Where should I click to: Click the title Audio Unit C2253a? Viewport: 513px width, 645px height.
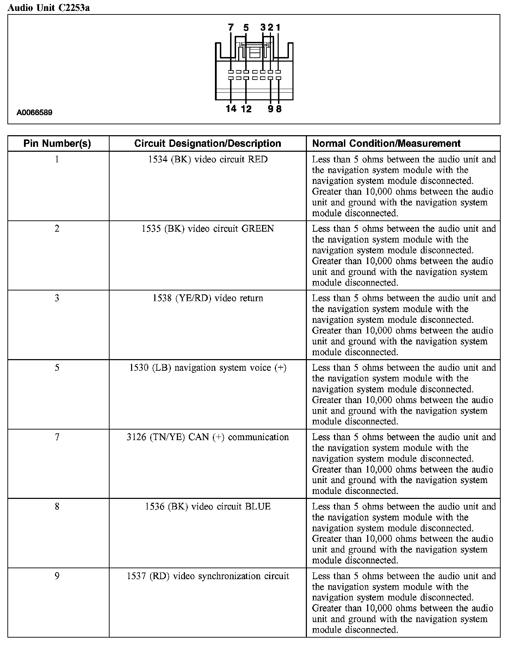point(49,8)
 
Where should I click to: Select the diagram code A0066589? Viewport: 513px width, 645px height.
point(35,113)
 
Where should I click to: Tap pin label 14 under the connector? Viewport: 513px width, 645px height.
point(231,109)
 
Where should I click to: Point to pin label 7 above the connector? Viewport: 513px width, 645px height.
point(231,27)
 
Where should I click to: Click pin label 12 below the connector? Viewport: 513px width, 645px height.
point(246,109)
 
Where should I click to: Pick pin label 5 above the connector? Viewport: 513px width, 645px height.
point(246,27)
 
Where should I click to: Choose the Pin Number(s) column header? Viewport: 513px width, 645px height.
point(57,143)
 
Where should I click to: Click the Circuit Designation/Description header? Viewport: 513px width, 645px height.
point(208,143)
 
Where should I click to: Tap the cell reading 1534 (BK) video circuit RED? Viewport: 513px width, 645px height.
point(208,159)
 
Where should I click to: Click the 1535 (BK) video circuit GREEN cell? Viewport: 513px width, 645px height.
point(208,229)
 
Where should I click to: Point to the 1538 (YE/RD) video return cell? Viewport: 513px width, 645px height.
point(208,298)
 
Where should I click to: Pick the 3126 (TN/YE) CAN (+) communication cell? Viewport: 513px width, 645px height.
point(208,437)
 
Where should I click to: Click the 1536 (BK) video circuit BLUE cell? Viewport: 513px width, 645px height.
point(208,506)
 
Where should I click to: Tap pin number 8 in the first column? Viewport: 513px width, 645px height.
point(57,506)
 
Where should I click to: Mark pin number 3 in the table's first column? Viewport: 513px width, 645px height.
point(57,298)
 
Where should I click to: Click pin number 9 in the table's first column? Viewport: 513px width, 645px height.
point(57,576)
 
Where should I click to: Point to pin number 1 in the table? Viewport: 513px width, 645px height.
point(57,159)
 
